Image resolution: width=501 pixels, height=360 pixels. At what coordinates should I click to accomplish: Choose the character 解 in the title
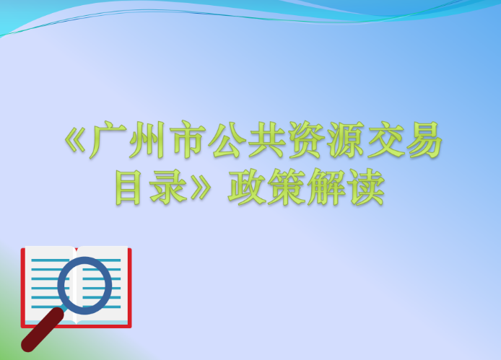328,187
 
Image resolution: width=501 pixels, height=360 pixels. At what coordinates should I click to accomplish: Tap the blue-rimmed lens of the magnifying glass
85,284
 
